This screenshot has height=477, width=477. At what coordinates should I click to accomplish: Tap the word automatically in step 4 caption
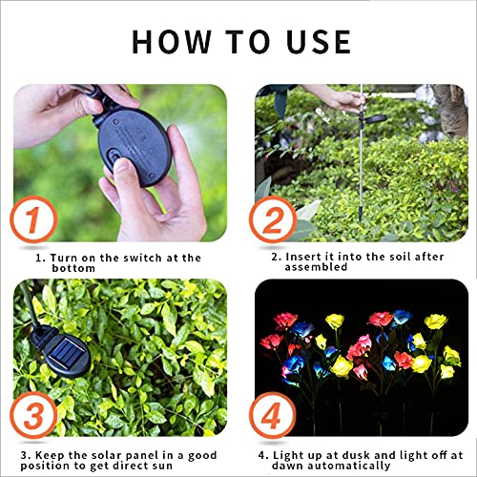[345, 466]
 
